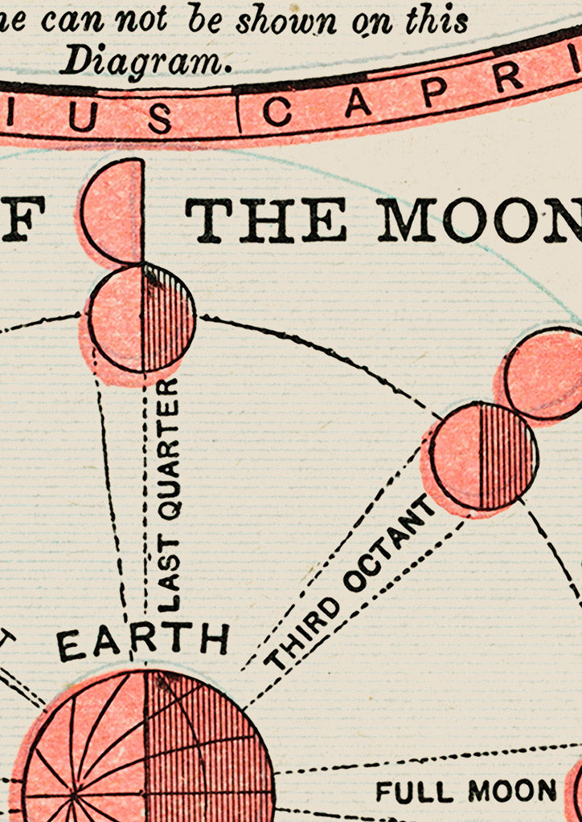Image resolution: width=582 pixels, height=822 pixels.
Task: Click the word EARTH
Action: (x=143, y=641)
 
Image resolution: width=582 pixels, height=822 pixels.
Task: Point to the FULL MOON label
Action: (x=466, y=791)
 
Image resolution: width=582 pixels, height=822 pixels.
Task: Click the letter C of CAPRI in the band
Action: (x=276, y=112)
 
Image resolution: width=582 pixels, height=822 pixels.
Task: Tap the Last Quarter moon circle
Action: (x=141, y=319)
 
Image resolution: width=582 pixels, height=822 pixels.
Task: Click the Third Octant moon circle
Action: (x=482, y=456)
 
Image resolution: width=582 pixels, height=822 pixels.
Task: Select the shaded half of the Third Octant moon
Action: (x=506, y=456)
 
